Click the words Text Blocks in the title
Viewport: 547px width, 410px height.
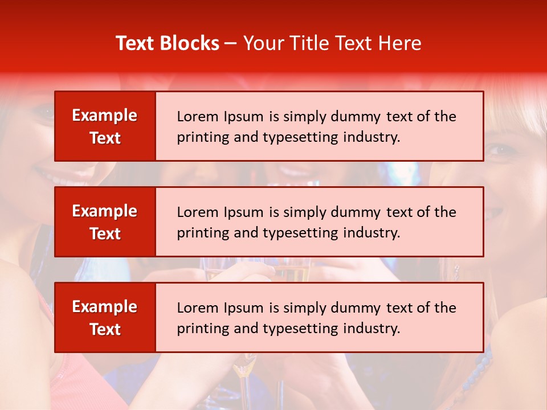click(167, 43)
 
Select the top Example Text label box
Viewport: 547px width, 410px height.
click(105, 126)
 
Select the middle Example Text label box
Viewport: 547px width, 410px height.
click(105, 222)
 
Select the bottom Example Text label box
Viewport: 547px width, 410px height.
click(105, 318)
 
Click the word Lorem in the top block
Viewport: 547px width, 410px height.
click(197, 117)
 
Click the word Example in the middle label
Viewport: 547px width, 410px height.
click(105, 211)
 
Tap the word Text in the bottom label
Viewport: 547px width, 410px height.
click(105, 329)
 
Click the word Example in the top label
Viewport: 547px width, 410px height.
click(105, 116)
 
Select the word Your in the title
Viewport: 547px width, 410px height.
click(262, 43)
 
